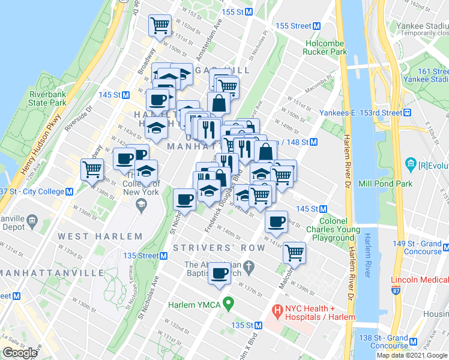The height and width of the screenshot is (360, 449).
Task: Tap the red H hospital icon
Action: point(277,311)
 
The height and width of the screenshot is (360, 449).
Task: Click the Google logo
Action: point(20,353)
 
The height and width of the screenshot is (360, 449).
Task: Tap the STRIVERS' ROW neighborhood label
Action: point(218,248)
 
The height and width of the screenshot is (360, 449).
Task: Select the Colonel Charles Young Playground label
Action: point(330,229)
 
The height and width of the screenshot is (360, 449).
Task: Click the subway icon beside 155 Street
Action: point(317,26)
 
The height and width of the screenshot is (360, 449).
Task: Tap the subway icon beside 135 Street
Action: point(163,256)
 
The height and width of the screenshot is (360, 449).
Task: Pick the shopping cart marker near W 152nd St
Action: point(160,26)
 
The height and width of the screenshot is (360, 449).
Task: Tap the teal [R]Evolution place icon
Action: point(411,163)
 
